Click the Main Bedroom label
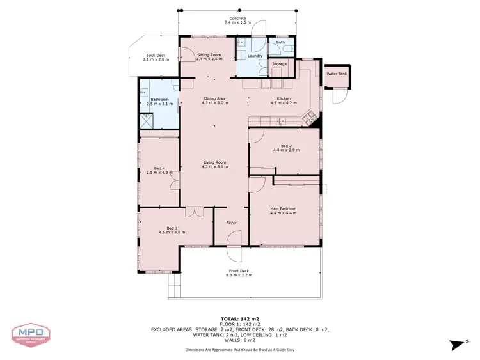[x=283, y=208]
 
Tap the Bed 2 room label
[x=286, y=146]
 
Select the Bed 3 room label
[x=172, y=228]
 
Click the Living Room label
[x=214, y=162]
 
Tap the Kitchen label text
[x=284, y=99]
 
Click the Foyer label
[x=231, y=223]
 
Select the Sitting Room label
[x=209, y=56]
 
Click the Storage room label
[x=280, y=64]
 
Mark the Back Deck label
[x=156, y=56]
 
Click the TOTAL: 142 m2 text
[x=240, y=318]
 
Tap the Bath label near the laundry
[x=280, y=43]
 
